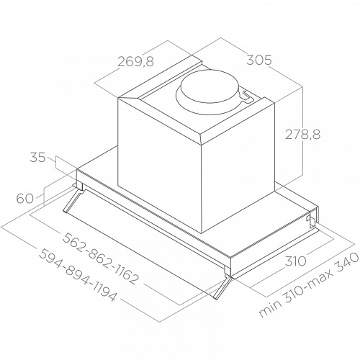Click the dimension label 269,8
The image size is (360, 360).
135,61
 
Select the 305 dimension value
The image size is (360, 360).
259,60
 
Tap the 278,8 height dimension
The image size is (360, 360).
302,135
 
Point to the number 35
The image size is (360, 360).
37,158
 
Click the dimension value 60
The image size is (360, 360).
25,199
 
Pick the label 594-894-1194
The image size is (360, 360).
78,275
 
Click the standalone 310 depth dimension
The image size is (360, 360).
295,261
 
